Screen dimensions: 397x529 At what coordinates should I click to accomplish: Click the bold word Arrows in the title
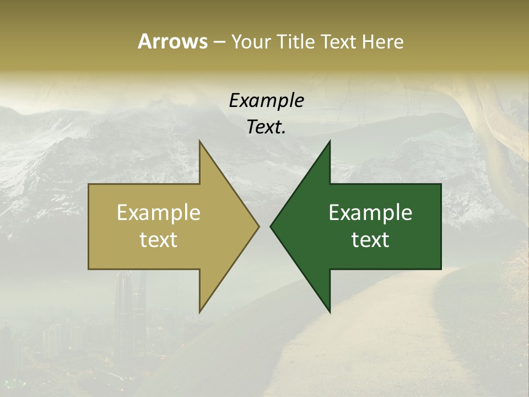click(172, 41)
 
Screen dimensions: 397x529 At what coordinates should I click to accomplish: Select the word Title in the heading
click(296, 41)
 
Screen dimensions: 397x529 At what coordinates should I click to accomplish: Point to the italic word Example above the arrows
click(266, 101)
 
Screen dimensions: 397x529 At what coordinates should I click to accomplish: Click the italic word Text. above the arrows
click(266, 127)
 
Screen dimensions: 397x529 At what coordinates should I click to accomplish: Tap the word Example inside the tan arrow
click(159, 213)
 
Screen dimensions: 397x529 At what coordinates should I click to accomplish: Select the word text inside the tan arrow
click(159, 239)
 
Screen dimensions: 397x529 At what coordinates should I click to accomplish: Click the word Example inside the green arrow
click(370, 213)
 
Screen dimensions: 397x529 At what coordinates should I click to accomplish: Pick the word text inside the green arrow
click(370, 239)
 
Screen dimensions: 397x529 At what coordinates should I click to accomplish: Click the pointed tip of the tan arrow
click(258, 226)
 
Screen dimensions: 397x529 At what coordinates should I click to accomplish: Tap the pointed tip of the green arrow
click(271, 226)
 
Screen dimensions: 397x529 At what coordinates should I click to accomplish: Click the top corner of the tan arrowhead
click(200, 142)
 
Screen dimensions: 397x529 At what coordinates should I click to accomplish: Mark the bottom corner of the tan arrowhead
click(200, 312)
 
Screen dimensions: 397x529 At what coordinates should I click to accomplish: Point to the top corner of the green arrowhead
click(330, 142)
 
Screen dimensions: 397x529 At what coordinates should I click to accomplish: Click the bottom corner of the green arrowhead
click(330, 312)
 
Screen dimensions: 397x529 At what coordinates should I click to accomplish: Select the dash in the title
click(219, 42)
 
